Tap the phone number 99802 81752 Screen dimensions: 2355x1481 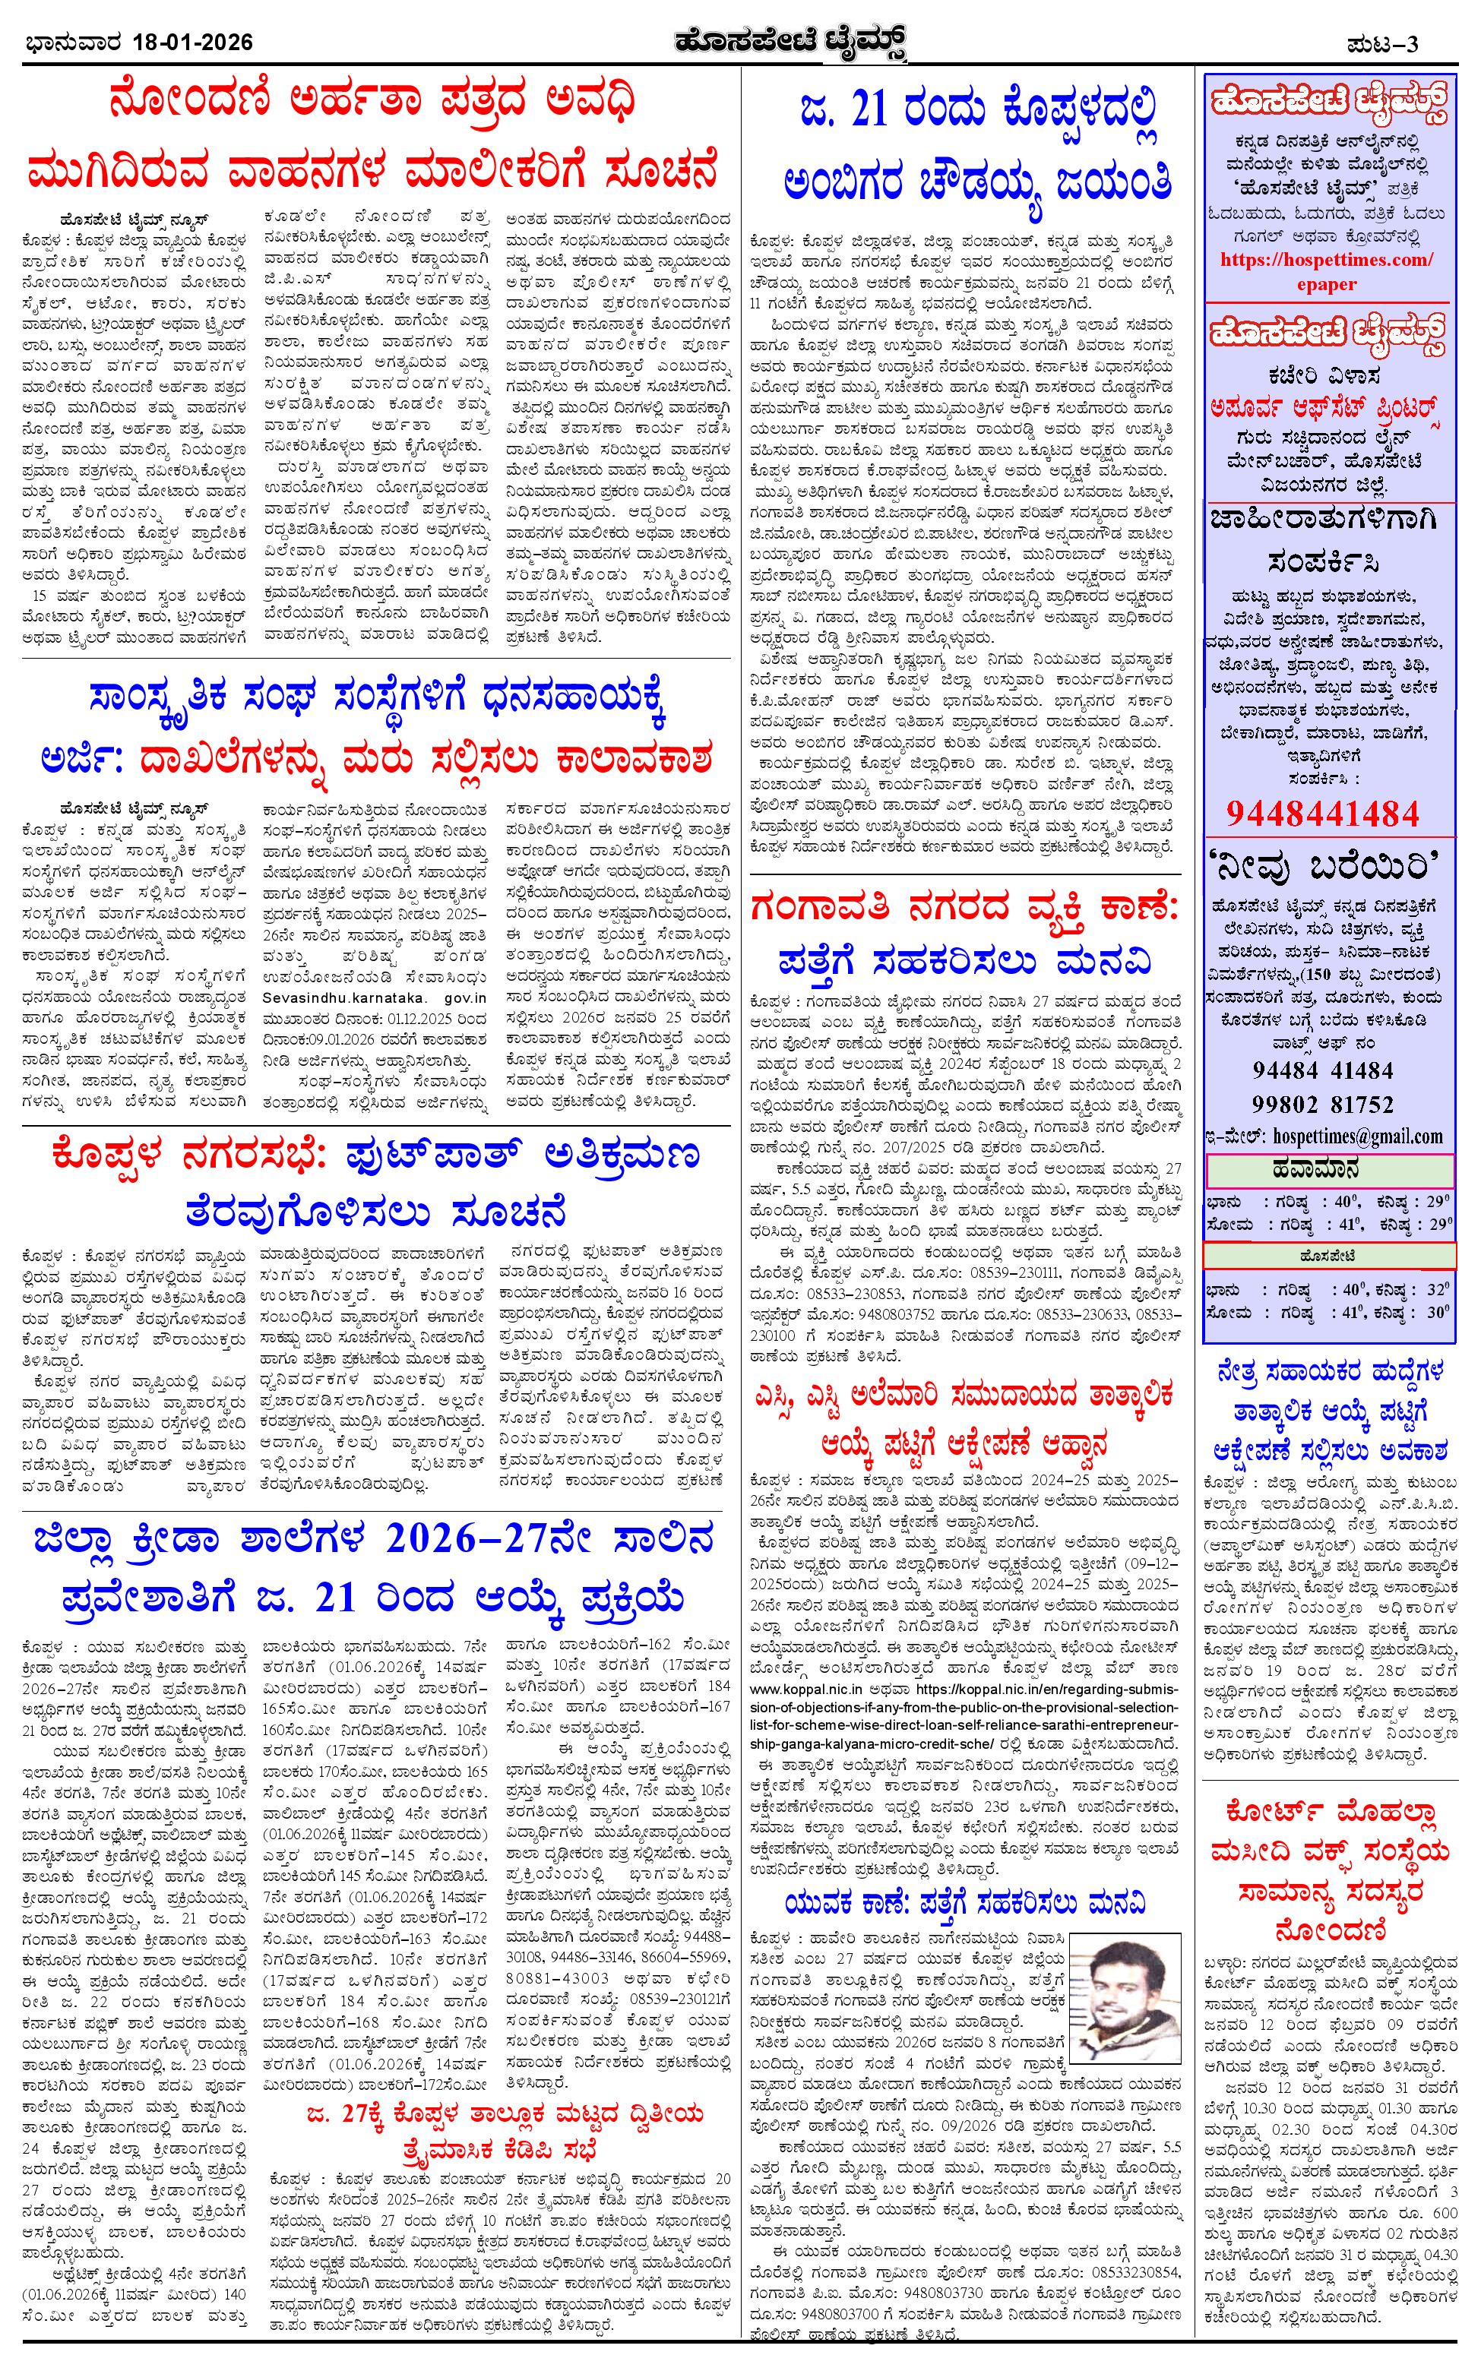pyautogui.click(x=1322, y=1104)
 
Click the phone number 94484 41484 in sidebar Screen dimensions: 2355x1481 pyautogui.click(x=1322, y=1070)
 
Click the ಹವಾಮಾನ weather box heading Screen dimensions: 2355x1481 pyautogui.click(x=1327, y=1168)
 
